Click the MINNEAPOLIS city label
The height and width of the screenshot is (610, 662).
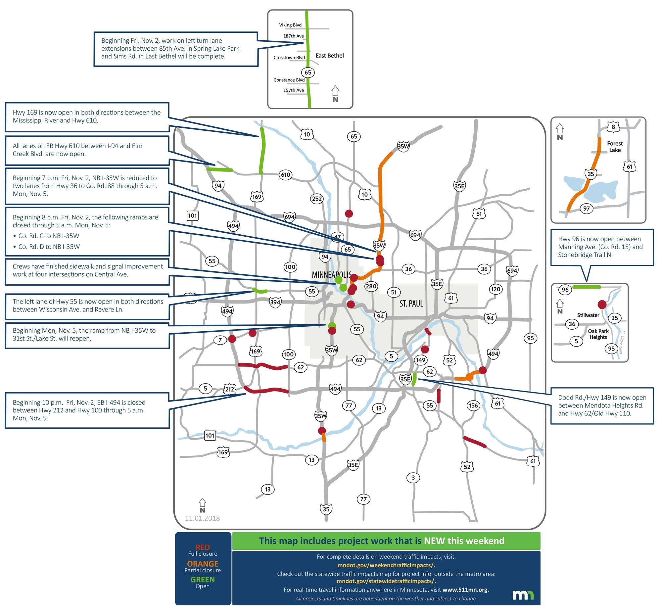tap(331, 275)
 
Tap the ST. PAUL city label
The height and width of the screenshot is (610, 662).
tap(411, 304)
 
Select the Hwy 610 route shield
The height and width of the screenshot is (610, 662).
tap(285, 175)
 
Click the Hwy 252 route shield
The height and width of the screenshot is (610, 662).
tap(317, 199)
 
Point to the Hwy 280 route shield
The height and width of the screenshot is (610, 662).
tap(371, 286)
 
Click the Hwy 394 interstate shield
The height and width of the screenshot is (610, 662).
tap(275, 302)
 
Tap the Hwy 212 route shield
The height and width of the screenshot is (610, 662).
tap(230, 389)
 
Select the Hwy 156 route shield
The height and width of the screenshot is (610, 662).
tap(473, 405)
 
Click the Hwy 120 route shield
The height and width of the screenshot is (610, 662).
tap(496, 289)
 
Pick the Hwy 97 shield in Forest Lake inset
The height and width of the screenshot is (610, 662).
tap(586, 209)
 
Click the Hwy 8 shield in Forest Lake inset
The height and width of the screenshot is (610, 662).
tap(613, 127)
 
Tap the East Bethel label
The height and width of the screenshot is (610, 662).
tap(329, 56)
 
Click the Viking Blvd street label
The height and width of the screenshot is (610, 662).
tap(290, 25)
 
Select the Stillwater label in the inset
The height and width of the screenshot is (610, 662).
tap(588, 315)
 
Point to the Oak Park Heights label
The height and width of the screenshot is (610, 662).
tap(598, 334)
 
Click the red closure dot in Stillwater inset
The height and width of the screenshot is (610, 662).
tap(602, 305)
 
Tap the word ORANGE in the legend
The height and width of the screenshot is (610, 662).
tap(202, 564)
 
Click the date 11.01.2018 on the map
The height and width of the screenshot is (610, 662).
tap(202, 518)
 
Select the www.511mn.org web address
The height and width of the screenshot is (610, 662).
tap(465, 589)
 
